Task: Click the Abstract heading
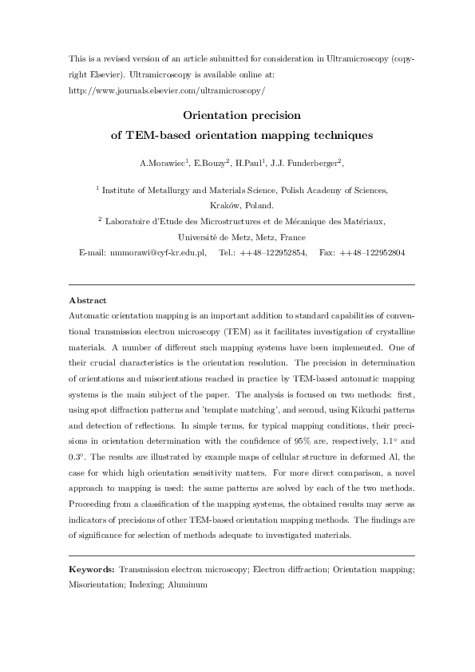88,300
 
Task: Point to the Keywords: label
92,571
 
